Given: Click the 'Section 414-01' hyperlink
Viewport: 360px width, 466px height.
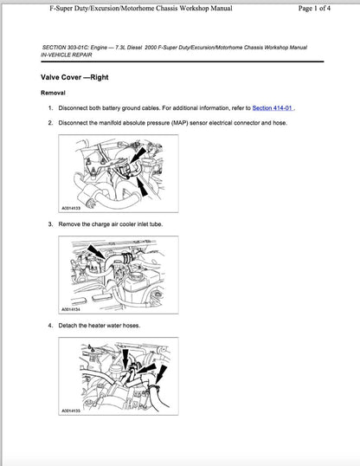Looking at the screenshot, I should [273, 108].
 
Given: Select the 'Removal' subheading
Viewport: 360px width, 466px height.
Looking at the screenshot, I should [53, 93].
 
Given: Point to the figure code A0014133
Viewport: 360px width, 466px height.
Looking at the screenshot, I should [73, 209].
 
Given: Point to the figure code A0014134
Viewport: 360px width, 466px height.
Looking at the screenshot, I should [73, 309].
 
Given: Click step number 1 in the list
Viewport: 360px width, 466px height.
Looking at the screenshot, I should [50, 108].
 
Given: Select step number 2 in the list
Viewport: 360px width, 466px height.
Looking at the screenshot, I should [50, 124].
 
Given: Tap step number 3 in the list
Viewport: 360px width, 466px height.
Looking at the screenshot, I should [50, 224].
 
